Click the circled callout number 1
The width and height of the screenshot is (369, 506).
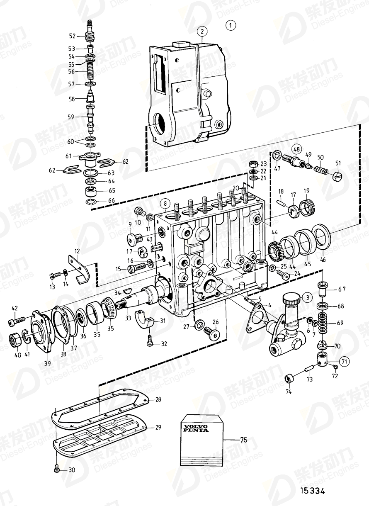point(231,25)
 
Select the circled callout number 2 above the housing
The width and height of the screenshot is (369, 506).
point(202,32)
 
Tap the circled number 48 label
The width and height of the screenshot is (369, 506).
point(297,149)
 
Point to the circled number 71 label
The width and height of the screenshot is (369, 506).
point(343,362)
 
